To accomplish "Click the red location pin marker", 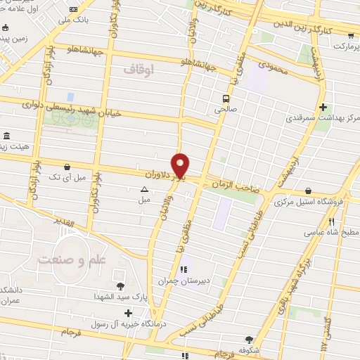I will pos(181,165).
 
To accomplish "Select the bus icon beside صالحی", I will pos(226,98).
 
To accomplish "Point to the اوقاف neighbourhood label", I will pos(138,69).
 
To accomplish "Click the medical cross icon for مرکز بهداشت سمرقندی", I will pos(323,107).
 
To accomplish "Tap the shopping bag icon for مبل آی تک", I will pos(67,167).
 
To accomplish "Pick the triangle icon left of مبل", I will pos(144,189).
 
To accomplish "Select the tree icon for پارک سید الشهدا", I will pos(120,285).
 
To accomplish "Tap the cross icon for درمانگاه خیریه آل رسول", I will pos(127,314).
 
